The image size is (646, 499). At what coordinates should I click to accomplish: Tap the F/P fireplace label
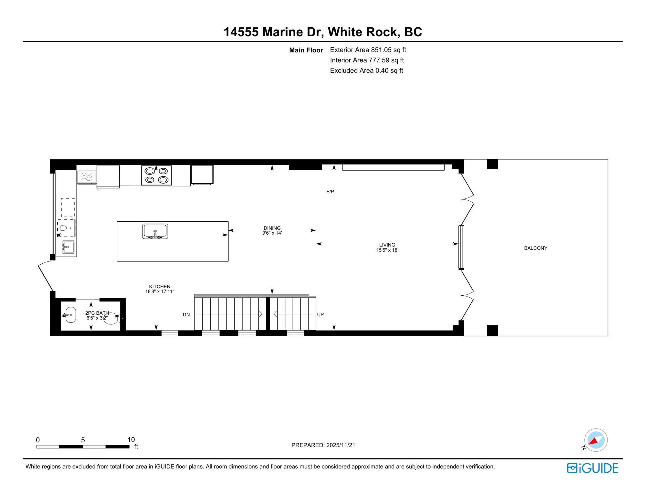[330, 192]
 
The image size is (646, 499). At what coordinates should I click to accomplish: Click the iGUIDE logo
[593, 468]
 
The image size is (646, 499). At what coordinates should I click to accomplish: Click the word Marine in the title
[283, 32]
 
